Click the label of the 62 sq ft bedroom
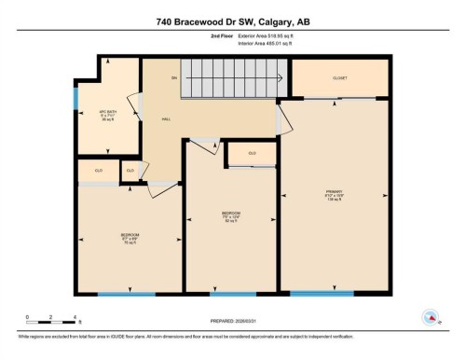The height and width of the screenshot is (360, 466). pyautogui.click(x=231, y=216)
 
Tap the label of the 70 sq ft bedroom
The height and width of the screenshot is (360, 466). pyautogui.click(x=130, y=237)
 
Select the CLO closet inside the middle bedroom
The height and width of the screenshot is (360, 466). pyautogui.click(x=252, y=153)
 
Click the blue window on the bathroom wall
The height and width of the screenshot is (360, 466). pyautogui.click(x=75, y=97)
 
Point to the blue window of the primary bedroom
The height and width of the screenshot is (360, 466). pyautogui.click(x=322, y=293)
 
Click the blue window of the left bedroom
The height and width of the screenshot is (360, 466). pyautogui.click(x=127, y=294)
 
